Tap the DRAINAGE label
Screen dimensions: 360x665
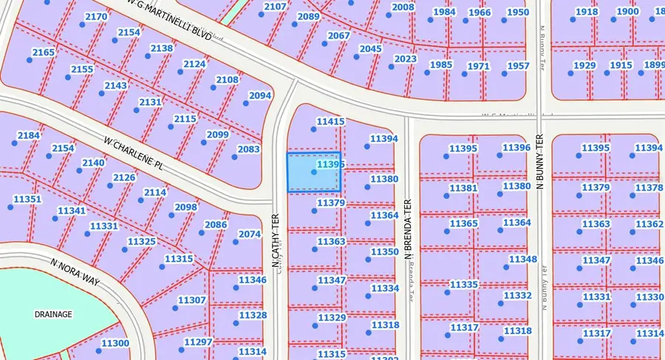tap(53, 314)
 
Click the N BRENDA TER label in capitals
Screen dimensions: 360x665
tap(406, 222)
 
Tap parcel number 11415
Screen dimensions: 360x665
tap(330, 122)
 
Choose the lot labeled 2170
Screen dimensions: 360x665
tap(96, 16)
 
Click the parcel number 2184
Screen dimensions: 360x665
tap(28, 135)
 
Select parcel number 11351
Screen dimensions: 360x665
tap(28, 199)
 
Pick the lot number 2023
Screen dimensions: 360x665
tap(406, 59)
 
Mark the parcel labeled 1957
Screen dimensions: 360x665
tap(519, 66)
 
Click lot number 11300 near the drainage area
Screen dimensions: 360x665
tap(115, 343)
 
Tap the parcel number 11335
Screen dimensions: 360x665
tap(464, 285)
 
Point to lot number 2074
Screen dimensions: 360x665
tap(250, 234)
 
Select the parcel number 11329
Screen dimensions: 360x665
tap(331, 318)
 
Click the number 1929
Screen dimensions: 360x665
tap(584, 66)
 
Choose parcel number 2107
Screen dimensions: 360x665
tap(275, 7)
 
